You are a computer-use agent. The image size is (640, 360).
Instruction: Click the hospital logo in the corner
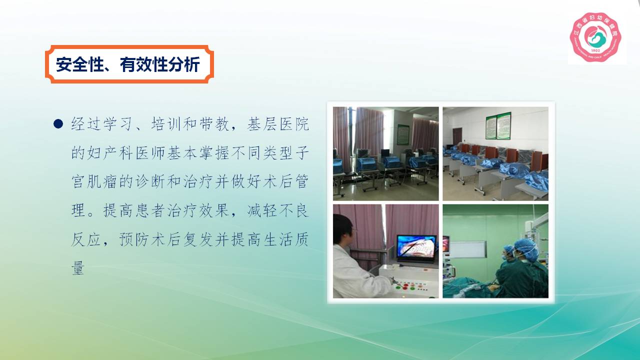pyautogui.click(x=595, y=37)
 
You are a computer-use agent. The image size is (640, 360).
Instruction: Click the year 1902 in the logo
pyautogui.click(x=595, y=50)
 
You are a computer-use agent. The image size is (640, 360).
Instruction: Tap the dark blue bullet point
pyautogui.click(x=58, y=123)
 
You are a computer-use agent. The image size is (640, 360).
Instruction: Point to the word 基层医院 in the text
pyautogui.click(x=277, y=124)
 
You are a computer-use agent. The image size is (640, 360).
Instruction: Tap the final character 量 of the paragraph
pyautogui.click(x=78, y=268)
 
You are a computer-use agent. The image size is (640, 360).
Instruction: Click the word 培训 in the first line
pyautogui.click(x=166, y=124)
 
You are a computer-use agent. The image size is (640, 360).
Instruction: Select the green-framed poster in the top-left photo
pyautogui.click(x=403, y=134)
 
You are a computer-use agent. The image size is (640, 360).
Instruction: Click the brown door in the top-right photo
pyautogui.click(x=457, y=136)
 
